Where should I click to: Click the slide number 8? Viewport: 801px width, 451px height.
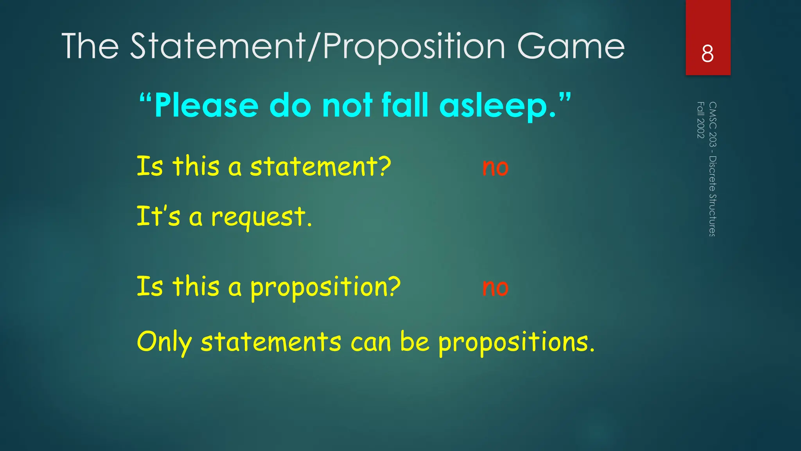708,54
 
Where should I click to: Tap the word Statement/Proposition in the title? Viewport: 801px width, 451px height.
318,47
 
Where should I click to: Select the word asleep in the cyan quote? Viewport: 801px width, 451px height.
497,106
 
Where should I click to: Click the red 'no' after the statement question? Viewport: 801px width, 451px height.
495,168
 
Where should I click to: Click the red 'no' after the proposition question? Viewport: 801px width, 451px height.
495,288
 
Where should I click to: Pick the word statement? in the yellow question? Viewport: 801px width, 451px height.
320,166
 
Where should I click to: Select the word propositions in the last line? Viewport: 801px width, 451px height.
516,343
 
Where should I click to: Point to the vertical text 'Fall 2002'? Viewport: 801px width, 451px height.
700,120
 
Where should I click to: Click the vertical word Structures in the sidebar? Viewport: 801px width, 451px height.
713,215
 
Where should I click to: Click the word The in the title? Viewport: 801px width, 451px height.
90,47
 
